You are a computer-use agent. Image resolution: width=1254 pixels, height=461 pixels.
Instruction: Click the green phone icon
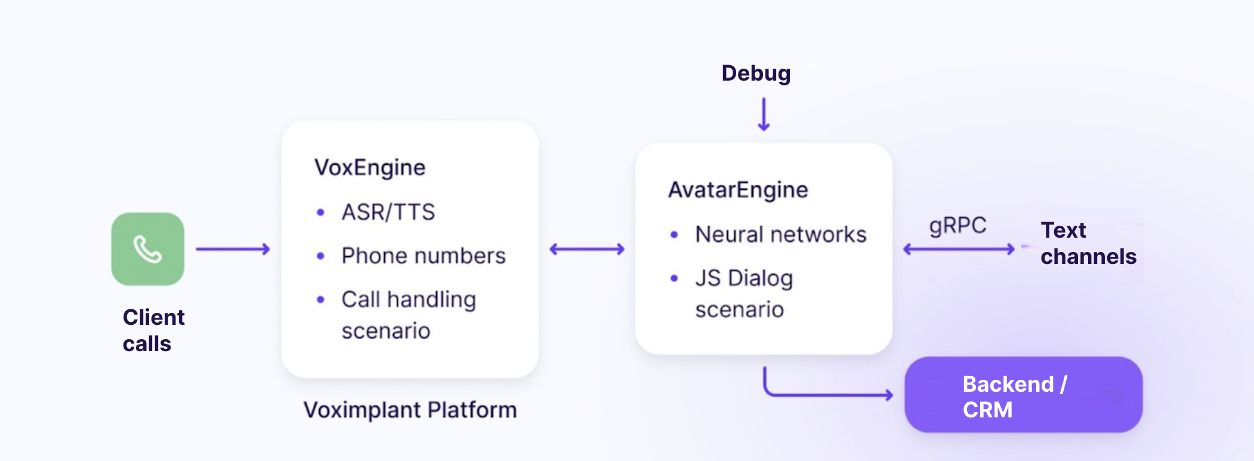147,249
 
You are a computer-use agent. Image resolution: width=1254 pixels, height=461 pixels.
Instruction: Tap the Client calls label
153,330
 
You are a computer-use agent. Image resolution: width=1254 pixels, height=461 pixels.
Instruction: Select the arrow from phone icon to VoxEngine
233,249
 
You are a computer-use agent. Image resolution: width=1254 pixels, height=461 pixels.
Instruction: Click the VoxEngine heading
370,168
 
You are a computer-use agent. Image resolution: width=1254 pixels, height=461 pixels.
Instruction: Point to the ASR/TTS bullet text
388,212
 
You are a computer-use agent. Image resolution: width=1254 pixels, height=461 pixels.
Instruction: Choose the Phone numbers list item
424,256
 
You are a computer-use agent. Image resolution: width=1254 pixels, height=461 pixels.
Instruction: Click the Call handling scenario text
408,315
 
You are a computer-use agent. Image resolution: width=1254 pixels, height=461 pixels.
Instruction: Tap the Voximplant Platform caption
410,410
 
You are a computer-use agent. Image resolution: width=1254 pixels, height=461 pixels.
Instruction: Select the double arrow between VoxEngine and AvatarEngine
587,249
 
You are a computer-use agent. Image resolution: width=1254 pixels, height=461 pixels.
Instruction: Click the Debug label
756,73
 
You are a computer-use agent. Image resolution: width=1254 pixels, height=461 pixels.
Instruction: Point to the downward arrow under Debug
764,115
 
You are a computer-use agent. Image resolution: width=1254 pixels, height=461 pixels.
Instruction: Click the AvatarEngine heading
738,190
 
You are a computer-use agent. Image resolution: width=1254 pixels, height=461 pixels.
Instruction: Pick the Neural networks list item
780,235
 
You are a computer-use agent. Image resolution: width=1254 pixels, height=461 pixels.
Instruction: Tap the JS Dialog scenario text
743,294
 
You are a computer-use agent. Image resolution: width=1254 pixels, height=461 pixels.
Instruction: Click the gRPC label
958,226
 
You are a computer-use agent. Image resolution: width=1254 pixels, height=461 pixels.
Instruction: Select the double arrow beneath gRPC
959,249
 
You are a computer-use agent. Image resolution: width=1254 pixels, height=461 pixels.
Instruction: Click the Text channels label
1088,243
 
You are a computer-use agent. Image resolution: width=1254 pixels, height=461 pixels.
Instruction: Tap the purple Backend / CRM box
1023,395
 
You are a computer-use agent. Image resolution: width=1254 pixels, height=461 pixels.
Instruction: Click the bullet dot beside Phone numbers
320,256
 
